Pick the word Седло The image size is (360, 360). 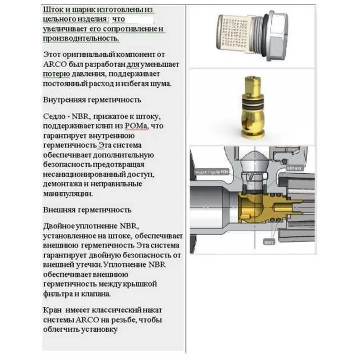(53, 116)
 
